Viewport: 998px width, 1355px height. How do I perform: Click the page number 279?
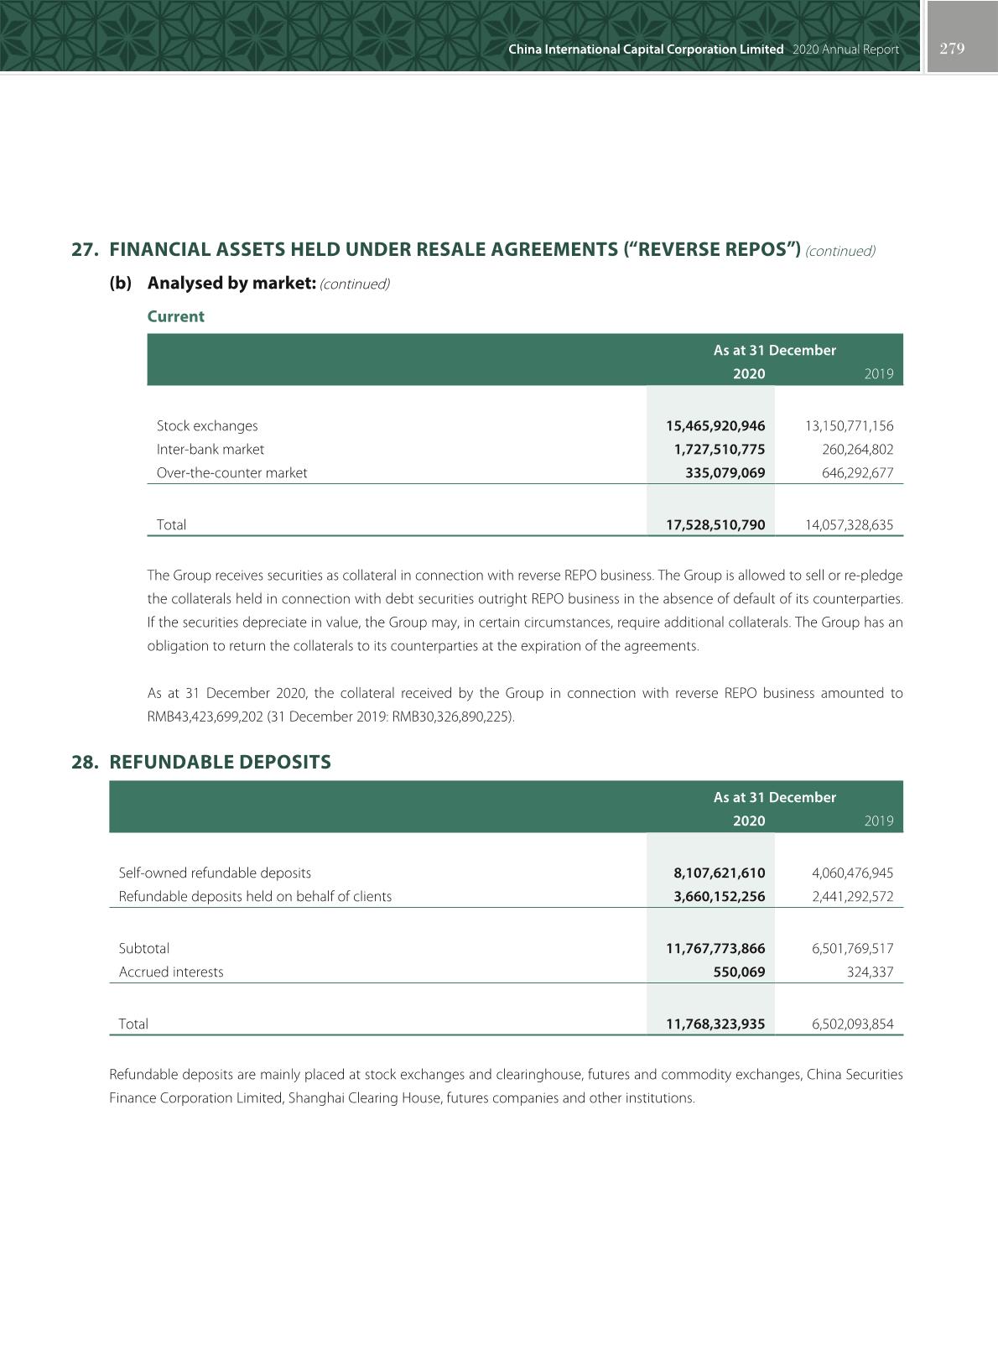click(952, 49)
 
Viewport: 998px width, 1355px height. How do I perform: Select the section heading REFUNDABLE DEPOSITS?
click(220, 762)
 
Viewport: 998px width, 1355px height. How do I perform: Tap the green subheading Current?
click(175, 316)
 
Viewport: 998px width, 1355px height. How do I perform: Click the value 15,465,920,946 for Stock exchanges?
click(715, 425)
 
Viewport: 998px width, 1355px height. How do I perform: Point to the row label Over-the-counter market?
click(231, 472)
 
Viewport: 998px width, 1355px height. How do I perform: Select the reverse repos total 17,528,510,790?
click(715, 524)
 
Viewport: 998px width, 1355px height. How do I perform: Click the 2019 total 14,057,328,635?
click(849, 524)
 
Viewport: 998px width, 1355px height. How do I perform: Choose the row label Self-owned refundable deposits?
click(215, 873)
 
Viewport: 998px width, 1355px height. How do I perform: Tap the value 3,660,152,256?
click(720, 896)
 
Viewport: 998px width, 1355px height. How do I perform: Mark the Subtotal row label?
click(143, 948)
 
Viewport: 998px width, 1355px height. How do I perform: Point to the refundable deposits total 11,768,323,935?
click(715, 1024)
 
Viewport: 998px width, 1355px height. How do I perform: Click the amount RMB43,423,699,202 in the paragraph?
click(201, 717)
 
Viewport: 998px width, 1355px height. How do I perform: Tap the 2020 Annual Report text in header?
click(845, 50)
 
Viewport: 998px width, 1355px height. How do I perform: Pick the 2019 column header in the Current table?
click(878, 373)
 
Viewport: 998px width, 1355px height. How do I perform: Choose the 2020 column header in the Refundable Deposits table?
click(749, 821)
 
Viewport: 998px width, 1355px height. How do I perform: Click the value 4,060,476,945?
click(852, 873)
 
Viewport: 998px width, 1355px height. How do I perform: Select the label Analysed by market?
click(231, 283)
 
